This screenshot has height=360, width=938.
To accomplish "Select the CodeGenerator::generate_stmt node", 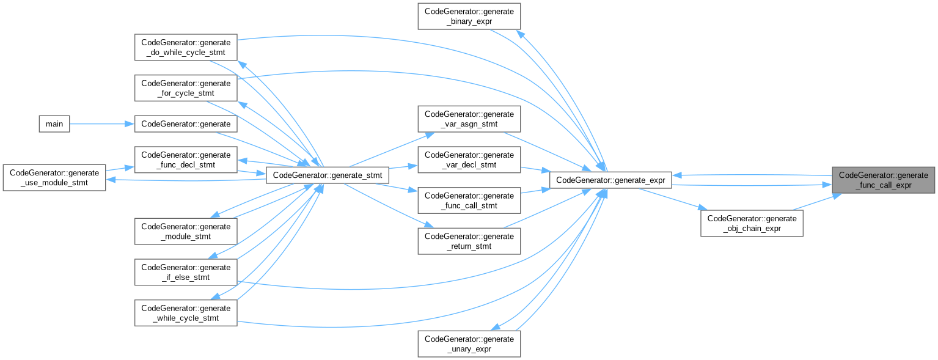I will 328,175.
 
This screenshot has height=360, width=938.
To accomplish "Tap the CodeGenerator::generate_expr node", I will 610,180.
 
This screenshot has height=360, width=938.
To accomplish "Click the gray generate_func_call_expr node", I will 883,180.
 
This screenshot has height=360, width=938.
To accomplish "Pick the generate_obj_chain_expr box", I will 752,224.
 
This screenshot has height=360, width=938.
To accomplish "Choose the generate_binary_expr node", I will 469,17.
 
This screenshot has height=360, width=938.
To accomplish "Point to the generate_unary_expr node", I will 469,343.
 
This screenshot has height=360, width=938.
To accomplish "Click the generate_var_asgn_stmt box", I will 469,119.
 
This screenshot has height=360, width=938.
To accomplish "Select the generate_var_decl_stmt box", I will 469,160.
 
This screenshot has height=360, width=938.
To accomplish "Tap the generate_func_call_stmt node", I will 469,200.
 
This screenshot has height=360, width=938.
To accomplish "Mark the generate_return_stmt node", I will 469,241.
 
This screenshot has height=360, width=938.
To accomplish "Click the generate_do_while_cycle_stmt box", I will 186,47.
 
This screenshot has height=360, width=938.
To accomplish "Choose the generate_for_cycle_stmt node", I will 186,88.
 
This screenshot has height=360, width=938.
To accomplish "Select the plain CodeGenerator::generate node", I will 186,124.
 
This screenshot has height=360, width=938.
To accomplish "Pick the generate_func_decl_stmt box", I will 186,160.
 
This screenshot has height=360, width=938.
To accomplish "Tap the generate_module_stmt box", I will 186,231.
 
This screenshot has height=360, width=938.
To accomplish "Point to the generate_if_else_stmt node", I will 186,272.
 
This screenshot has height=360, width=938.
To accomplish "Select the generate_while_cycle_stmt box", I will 186,313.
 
